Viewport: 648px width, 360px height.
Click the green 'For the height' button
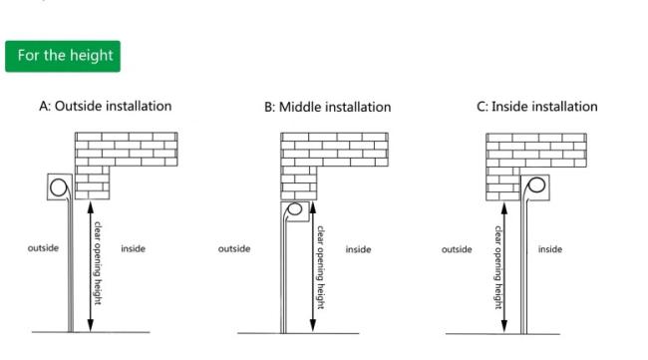[63, 56]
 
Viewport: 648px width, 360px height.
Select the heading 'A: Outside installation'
[106, 107]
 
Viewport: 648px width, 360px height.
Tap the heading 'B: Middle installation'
[328, 107]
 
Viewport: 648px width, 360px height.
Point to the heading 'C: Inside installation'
[537, 107]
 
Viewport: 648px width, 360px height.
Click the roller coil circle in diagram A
[51, 187]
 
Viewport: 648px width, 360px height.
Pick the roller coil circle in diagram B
[289, 208]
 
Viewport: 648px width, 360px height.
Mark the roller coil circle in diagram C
[529, 184]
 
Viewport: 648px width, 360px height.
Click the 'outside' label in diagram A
[43, 248]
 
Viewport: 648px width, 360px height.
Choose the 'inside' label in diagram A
[133, 248]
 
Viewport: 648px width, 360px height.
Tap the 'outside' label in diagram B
[234, 249]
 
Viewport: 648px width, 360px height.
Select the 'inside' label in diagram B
[358, 249]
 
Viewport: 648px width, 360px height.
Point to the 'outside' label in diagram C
[457, 249]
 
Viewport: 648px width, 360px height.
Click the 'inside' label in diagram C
[550, 249]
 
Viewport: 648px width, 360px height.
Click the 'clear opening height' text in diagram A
[97, 263]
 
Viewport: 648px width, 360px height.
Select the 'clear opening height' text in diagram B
[320, 267]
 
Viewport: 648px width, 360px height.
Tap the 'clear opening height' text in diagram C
[498, 267]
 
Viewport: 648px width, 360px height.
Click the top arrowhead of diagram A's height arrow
[91, 207]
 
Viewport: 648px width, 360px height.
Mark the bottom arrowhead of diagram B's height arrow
[313, 325]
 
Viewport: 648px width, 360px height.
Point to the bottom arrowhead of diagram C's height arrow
[504, 326]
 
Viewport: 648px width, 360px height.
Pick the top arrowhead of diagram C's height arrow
[504, 209]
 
